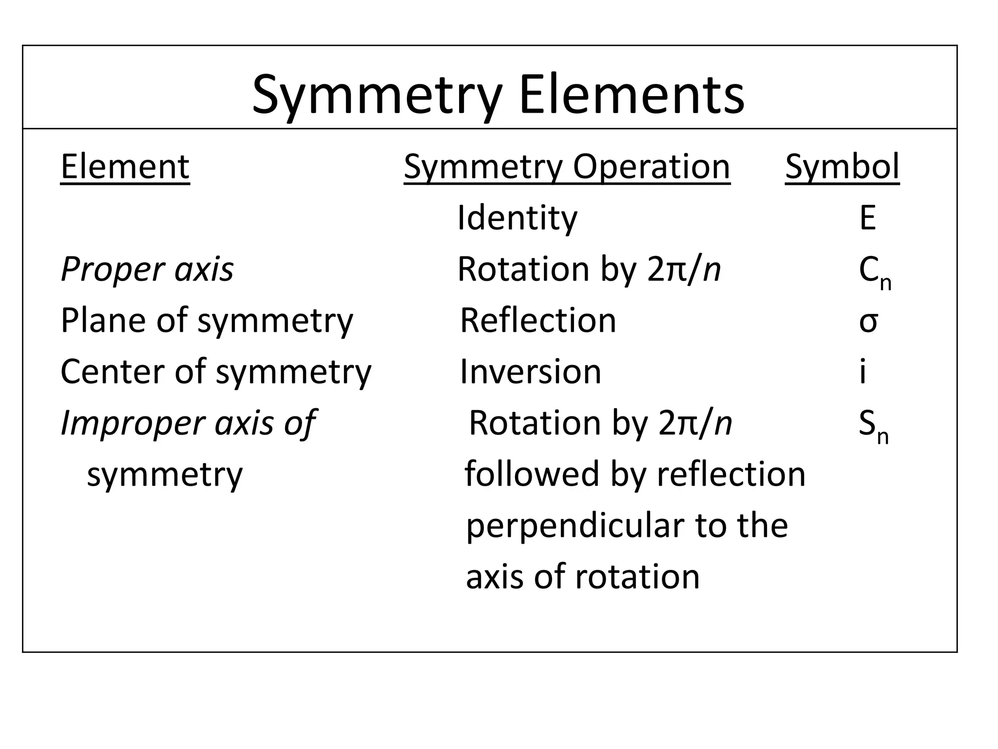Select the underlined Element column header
(x=125, y=167)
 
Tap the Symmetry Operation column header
(x=567, y=167)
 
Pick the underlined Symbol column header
(x=842, y=167)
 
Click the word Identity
(x=517, y=218)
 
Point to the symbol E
(x=867, y=218)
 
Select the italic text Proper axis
(x=147, y=269)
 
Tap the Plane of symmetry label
(x=207, y=321)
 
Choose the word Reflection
(x=538, y=321)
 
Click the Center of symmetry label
(x=216, y=372)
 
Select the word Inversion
(x=531, y=372)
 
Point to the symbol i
(x=863, y=372)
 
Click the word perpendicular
(x=575, y=526)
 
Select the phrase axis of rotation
(x=583, y=577)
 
